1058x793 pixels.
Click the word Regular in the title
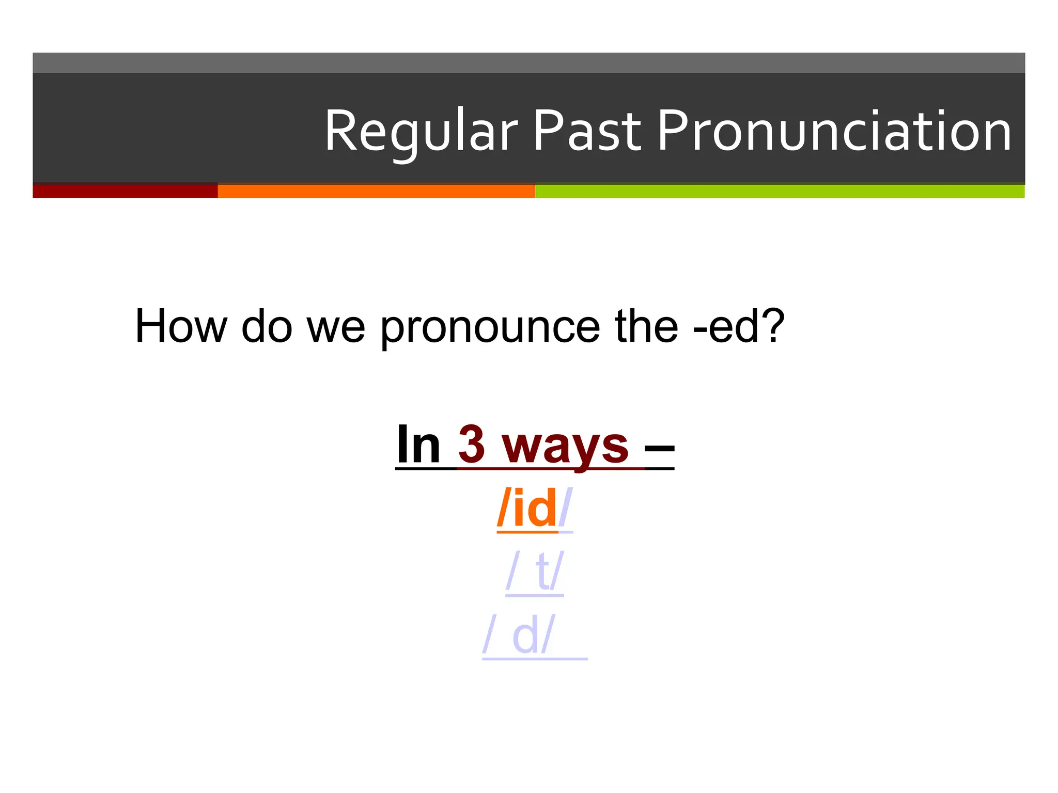421,132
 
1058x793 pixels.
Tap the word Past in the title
587,132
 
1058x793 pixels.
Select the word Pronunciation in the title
834,132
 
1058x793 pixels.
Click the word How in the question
181,326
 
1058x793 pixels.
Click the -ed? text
739,326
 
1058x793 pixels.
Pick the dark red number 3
472,445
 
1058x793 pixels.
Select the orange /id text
527,509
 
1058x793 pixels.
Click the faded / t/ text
535,572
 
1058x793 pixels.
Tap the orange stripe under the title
376,191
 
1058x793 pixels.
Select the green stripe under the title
779,191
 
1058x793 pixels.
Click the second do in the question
267,326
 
